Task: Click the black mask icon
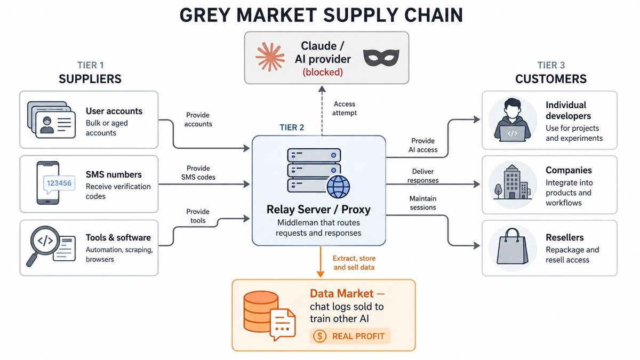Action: point(381,58)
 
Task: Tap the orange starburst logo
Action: point(270,57)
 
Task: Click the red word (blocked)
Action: point(323,72)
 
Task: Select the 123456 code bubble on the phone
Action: point(59,183)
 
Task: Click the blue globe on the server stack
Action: point(338,187)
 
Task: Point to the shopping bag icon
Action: point(513,246)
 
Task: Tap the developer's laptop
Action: point(513,133)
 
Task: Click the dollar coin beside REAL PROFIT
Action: point(319,336)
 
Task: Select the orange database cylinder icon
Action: point(261,311)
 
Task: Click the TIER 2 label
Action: point(292,127)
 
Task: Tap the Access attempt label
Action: point(345,108)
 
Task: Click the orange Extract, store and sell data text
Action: point(354,263)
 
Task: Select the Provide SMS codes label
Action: point(198,173)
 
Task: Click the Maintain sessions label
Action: point(423,203)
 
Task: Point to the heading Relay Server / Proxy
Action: point(318,210)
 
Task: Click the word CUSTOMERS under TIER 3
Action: point(551,79)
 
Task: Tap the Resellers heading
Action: point(565,237)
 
